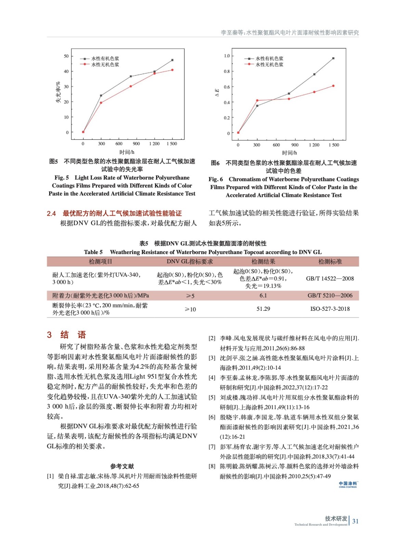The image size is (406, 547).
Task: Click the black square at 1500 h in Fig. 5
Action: point(172,60)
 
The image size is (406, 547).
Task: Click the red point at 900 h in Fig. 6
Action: point(289,99)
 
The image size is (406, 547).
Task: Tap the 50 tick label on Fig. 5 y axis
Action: point(66,56)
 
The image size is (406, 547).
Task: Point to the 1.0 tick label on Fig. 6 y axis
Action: point(227,56)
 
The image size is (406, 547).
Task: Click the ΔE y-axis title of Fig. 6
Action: point(217,93)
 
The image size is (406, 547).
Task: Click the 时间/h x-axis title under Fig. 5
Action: point(127,152)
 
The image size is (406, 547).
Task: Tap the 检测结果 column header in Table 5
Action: point(263,262)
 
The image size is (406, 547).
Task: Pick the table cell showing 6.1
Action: point(263,295)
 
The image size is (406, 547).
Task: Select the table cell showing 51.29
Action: point(263,309)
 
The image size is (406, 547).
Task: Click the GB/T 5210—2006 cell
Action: point(330,295)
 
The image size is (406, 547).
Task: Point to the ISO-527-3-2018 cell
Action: point(330,309)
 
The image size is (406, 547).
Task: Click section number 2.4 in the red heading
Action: point(51,214)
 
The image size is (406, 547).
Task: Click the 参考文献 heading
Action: point(122,466)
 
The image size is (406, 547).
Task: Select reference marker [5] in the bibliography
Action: point(212,398)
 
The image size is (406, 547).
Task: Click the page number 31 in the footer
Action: point(355,521)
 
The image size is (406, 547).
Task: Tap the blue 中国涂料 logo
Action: point(348,484)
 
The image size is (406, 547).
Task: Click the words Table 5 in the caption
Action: point(93,252)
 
